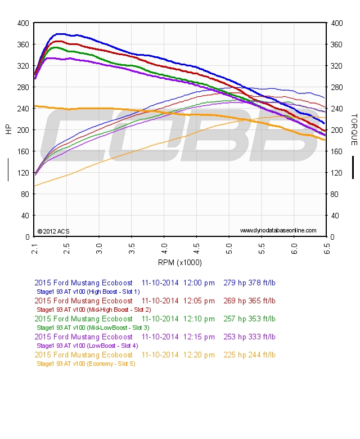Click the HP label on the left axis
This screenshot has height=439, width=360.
coord(8,129)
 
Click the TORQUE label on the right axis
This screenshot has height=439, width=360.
coord(354,129)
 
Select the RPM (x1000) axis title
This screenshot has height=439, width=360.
coord(180,262)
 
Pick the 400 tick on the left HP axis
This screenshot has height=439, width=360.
coord(23,23)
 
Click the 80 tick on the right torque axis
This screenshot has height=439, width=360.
coord(335,194)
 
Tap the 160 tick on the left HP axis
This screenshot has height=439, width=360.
coord(23,151)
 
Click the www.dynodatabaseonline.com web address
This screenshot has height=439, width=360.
coord(278,231)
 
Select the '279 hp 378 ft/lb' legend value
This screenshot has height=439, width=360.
coord(249,283)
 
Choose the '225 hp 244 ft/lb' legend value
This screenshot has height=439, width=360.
coord(249,355)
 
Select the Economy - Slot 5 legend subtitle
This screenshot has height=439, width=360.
coord(85,364)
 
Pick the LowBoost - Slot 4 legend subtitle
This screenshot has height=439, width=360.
coord(87,346)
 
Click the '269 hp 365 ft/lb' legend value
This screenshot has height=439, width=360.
coord(249,301)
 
